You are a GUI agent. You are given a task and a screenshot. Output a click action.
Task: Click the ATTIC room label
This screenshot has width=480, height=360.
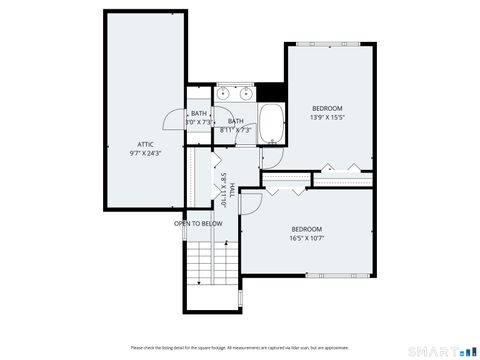(x=146, y=145)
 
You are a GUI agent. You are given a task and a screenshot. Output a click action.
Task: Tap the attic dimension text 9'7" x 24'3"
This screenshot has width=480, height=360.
(x=146, y=154)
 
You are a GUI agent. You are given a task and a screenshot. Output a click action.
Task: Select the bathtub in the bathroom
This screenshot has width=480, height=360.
(x=272, y=125)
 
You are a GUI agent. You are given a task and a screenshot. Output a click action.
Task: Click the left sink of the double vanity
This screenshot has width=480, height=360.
(x=225, y=94)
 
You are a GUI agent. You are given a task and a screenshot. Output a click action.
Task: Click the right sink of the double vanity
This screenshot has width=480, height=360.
(x=244, y=94)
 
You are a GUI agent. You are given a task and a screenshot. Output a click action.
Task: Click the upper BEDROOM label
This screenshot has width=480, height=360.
(x=327, y=108)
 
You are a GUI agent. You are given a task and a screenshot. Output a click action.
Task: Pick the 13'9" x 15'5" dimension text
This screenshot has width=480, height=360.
(x=327, y=117)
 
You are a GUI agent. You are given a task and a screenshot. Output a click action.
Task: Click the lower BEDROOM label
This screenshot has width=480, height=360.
(x=306, y=229)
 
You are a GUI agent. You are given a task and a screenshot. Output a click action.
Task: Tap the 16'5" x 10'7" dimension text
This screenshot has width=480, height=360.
(x=306, y=238)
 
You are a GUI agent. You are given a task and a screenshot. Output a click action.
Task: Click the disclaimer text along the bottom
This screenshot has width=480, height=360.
(x=240, y=347)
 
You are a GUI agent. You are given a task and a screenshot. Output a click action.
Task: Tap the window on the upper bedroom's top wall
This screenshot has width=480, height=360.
(x=332, y=43)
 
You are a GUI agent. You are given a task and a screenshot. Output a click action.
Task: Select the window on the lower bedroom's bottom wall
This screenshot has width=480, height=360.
(x=351, y=274)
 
